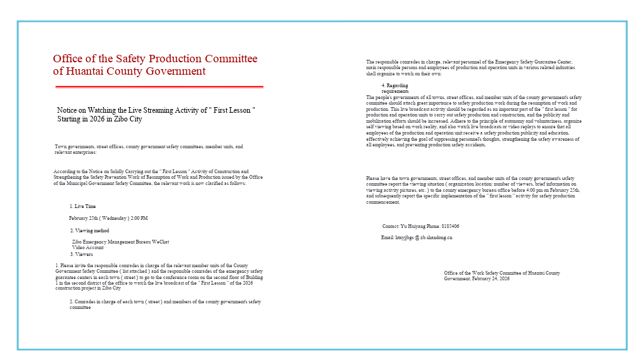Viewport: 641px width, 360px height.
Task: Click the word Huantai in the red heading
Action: point(82,71)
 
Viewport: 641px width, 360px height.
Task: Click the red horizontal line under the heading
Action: point(158,87)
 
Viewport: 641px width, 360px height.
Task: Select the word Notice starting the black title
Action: point(67,110)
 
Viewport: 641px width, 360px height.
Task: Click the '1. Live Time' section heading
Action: point(83,206)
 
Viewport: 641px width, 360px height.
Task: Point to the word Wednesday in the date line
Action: point(114,218)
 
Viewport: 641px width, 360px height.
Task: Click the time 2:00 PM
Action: point(140,218)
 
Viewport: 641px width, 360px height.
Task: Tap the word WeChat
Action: point(160,242)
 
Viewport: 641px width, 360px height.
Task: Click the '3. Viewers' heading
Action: point(81,254)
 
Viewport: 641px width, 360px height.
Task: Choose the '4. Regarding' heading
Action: point(395,85)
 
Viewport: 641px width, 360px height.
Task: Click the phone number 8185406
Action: point(450,226)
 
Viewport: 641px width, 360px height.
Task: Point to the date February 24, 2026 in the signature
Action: point(491,278)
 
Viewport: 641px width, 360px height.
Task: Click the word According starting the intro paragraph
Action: point(64,171)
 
